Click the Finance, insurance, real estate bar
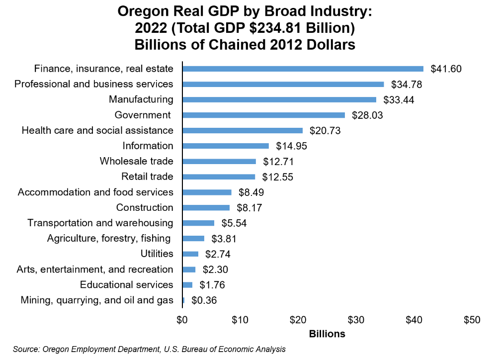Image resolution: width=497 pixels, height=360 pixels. pos(303,69)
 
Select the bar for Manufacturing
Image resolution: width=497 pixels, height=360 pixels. pos(280,99)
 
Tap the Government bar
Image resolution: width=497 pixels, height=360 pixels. pos(264,115)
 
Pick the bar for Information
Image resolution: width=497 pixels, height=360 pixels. pos(226,146)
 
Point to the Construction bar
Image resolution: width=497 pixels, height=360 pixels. pos(207,207)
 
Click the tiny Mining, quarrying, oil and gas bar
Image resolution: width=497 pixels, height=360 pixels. pos(184,300)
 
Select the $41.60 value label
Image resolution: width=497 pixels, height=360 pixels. pos(446,69)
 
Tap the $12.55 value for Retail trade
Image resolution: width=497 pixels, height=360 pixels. pos(277,177)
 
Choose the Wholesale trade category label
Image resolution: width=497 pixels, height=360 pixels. pos(136,161)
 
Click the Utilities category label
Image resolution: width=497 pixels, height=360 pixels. pos(157,254)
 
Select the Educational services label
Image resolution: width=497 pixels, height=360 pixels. pos(127,285)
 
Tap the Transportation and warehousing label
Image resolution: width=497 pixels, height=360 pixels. pos(100,223)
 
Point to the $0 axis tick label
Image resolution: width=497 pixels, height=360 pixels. pos(182,320)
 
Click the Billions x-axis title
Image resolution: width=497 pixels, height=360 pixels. pos(327,334)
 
